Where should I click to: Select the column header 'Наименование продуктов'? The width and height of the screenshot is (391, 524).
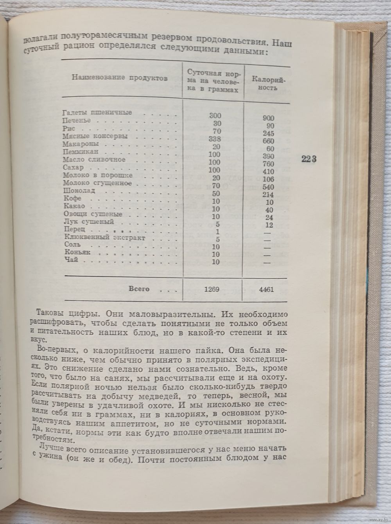(x=120, y=77)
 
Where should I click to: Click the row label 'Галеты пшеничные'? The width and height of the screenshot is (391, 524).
(x=97, y=113)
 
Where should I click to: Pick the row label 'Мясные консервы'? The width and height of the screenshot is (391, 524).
(x=95, y=137)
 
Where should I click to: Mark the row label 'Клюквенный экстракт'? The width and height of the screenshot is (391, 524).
(x=104, y=238)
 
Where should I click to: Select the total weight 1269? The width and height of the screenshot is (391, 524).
(x=213, y=290)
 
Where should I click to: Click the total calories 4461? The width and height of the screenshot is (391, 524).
(x=266, y=290)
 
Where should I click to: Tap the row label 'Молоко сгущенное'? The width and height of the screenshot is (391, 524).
(x=97, y=183)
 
